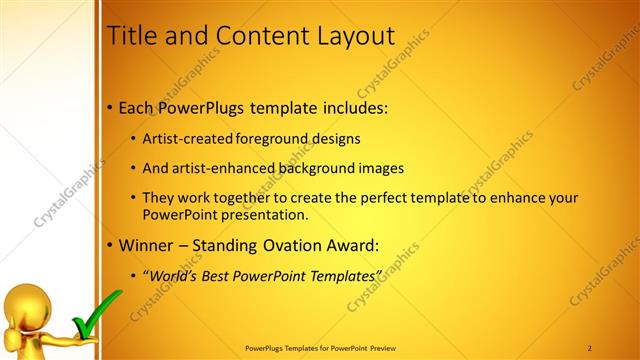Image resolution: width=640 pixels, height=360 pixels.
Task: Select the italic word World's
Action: click(x=174, y=275)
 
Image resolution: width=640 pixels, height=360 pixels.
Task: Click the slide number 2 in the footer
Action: click(x=590, y=348)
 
